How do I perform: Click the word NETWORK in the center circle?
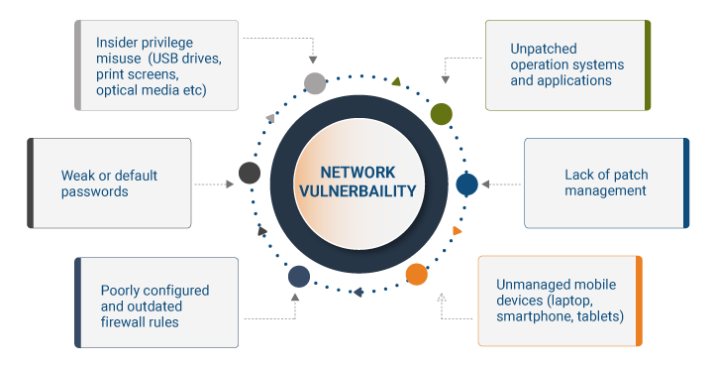(x=358, y=173)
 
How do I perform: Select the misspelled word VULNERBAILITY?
(x=358, y=190)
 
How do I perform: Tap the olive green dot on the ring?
(x=442, y=114)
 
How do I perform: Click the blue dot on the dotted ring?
(x=466, y=184)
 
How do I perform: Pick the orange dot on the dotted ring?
(x=417, y=274)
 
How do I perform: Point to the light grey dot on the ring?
(x=314, y=82)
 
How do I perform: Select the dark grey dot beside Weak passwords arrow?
(x=250, y=174)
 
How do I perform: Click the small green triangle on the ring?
(x=396, y=81)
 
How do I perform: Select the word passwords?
(x=95, y=191)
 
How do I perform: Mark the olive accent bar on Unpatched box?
(x=648, y=64)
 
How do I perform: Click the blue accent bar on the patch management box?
(x=686, y=183)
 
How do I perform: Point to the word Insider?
(x=118, y=43)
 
